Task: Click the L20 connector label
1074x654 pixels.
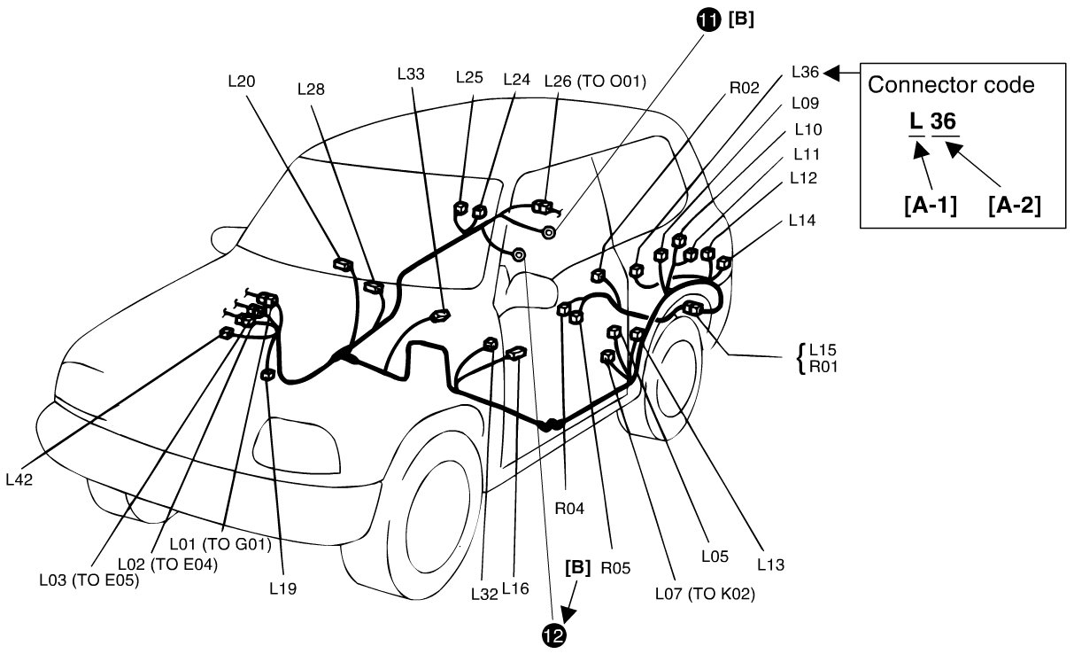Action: click(241, 81)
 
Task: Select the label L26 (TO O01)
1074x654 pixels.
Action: click(595, 81)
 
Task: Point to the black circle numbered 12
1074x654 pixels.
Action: click(555, 635)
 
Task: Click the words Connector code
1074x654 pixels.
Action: click(951, 86)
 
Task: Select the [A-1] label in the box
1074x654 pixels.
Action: click(928, 206)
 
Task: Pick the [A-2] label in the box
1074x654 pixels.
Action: click(1013, 206)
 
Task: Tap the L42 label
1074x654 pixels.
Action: click(20, 479)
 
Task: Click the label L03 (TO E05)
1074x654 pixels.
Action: click(89, 581)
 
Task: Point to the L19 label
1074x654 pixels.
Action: click(283, 587)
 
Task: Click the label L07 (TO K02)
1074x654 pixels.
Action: click(705, 594)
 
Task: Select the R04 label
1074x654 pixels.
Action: click(570, 509)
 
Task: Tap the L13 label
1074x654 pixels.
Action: click(770, 562)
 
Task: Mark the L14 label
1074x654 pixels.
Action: click(802, 219)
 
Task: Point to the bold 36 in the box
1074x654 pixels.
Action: click(943, 121)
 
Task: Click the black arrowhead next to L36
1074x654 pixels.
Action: click(834, 72)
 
